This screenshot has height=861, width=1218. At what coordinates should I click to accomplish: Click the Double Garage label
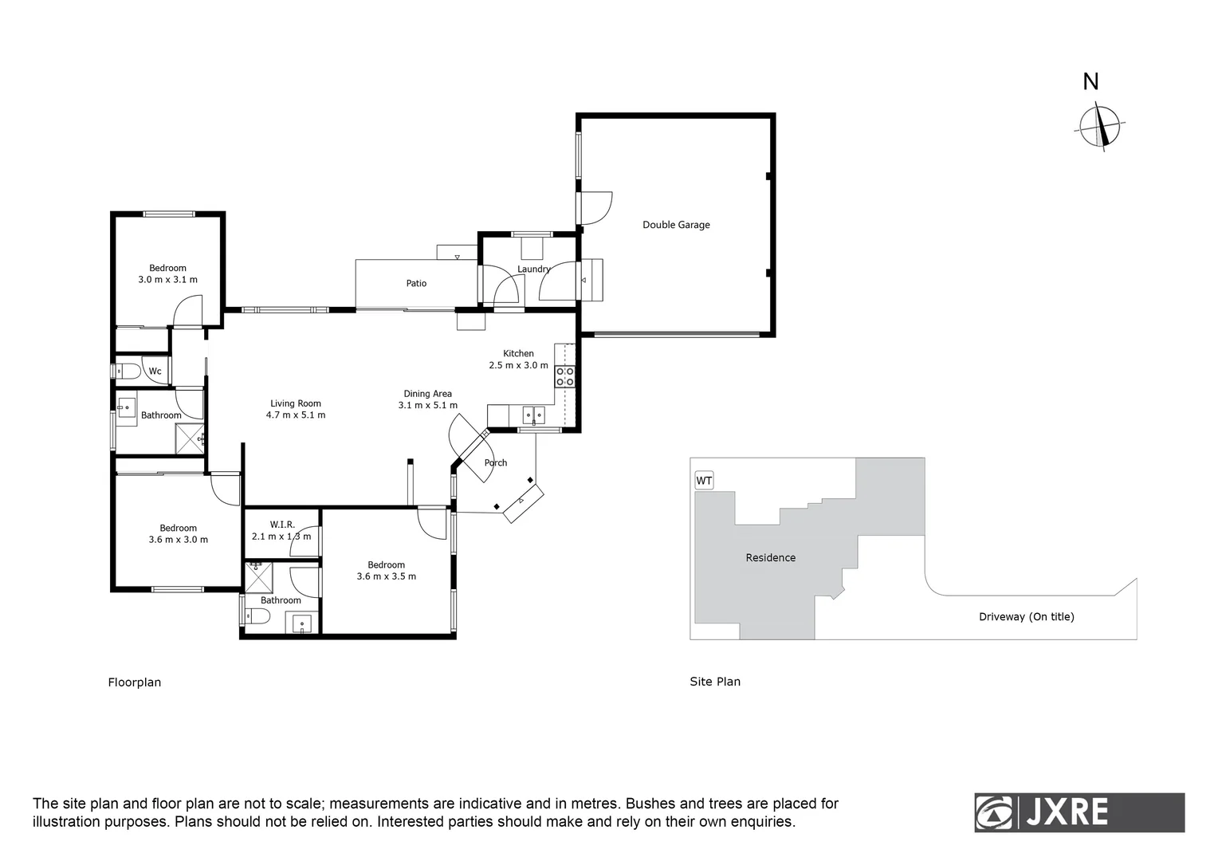coord(676,225)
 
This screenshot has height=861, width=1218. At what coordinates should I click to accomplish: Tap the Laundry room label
coord(533,269)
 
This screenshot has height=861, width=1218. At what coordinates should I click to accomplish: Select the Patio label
coord(416,283)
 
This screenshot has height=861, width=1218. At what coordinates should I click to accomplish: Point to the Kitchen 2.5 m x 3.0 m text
coord(518,360)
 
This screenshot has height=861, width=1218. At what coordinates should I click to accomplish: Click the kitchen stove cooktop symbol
coord(565,376)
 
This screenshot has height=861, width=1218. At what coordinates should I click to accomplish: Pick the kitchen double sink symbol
coord(533,415)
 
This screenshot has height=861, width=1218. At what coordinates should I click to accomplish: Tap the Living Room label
coord(296,409)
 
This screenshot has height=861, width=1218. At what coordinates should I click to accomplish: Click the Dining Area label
coord(427,399)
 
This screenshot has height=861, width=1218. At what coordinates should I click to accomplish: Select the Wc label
coord(155,372)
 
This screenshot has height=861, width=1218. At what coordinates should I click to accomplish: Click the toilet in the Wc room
coord(127,372)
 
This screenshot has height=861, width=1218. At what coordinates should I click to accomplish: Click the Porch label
coord(496,462)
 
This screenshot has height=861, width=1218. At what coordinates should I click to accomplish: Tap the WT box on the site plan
coord(704,481)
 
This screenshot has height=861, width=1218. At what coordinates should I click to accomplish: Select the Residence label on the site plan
coord(770,557)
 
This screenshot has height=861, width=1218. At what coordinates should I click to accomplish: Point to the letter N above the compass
coord(1090,82)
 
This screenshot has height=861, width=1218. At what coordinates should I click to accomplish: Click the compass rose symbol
coord(1102,127)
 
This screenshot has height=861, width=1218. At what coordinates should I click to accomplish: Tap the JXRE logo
coord(1079,812)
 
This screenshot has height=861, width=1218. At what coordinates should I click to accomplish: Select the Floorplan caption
coord(135,682)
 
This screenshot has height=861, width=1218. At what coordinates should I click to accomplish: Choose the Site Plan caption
coord(715,682)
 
